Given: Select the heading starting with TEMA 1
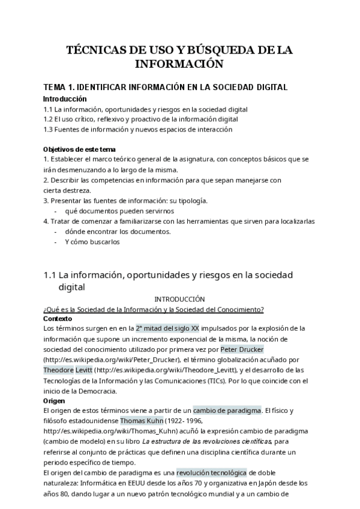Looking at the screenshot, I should pyautogui.click(x=166, y=87).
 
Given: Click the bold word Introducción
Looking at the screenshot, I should pyautogui.click(x=65, y=99).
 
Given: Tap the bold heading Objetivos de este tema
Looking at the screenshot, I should pyautogui.click(x=80, y=149).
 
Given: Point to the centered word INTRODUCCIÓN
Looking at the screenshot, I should pyautogui.click(x=179, y=298).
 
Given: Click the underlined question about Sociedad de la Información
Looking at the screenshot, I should pyautogui.click(x=154, y=309).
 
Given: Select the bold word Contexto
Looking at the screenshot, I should pyautogui.click(x=58, y=319).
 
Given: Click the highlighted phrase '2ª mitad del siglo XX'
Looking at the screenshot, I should pyautogui.click(x=167, y=329).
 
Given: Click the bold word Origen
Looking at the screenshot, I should pyautogui.click(x=55, y=400).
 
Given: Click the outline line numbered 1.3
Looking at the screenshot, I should pyautogui.click(x=138, y=129).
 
